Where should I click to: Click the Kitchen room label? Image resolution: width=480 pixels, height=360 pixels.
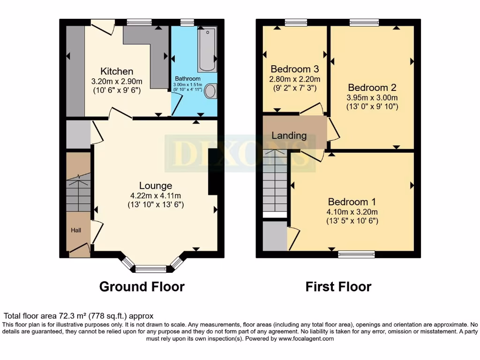[117, 72]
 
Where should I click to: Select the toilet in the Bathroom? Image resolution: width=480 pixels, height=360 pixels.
[210, 91]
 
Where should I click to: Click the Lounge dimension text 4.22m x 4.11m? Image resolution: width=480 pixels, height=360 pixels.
[155, 195]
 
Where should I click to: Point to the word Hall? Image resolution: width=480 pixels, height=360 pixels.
[76, 230]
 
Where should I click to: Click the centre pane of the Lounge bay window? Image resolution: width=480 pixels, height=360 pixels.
[150, 269]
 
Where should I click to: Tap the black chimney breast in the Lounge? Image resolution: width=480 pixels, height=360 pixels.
[212, 172]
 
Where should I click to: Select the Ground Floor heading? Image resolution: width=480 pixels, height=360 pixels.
[142, 286]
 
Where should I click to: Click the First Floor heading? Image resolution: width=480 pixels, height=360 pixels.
[338, 286]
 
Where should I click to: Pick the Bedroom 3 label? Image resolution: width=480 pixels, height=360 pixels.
[294, 69]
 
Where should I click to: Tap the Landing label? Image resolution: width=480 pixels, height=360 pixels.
[289, 136]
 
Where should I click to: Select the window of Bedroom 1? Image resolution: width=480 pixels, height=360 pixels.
[357, 254]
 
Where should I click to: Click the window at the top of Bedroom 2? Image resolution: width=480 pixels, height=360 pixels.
[364, 22]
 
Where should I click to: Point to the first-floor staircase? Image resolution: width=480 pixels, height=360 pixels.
[275, 183]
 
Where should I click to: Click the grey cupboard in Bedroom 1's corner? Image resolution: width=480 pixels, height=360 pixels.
[275, 236]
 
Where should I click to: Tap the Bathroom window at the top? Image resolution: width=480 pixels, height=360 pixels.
[187, 22]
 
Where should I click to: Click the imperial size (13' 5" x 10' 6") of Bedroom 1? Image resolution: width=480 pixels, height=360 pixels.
[352, 221]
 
